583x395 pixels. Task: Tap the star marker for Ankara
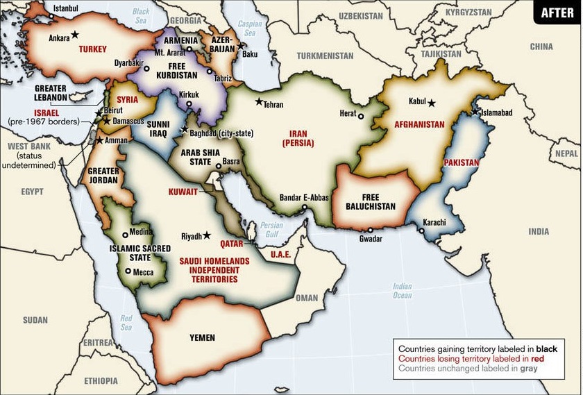point(75,34)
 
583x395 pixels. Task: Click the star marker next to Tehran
point(259,102)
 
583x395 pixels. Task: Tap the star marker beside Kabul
point(431,103)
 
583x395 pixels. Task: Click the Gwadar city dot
point(371,230)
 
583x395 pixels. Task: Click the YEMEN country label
point(202,338)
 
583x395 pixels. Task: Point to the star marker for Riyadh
point(206,236)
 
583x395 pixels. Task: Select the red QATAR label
point(232,244)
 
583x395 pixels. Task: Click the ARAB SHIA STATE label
point(191,157)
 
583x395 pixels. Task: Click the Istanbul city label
point(67,8)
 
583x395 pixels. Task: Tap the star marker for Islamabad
point(475,112)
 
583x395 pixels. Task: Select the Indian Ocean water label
point(402,291)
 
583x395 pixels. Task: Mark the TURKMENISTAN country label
point(325,55)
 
